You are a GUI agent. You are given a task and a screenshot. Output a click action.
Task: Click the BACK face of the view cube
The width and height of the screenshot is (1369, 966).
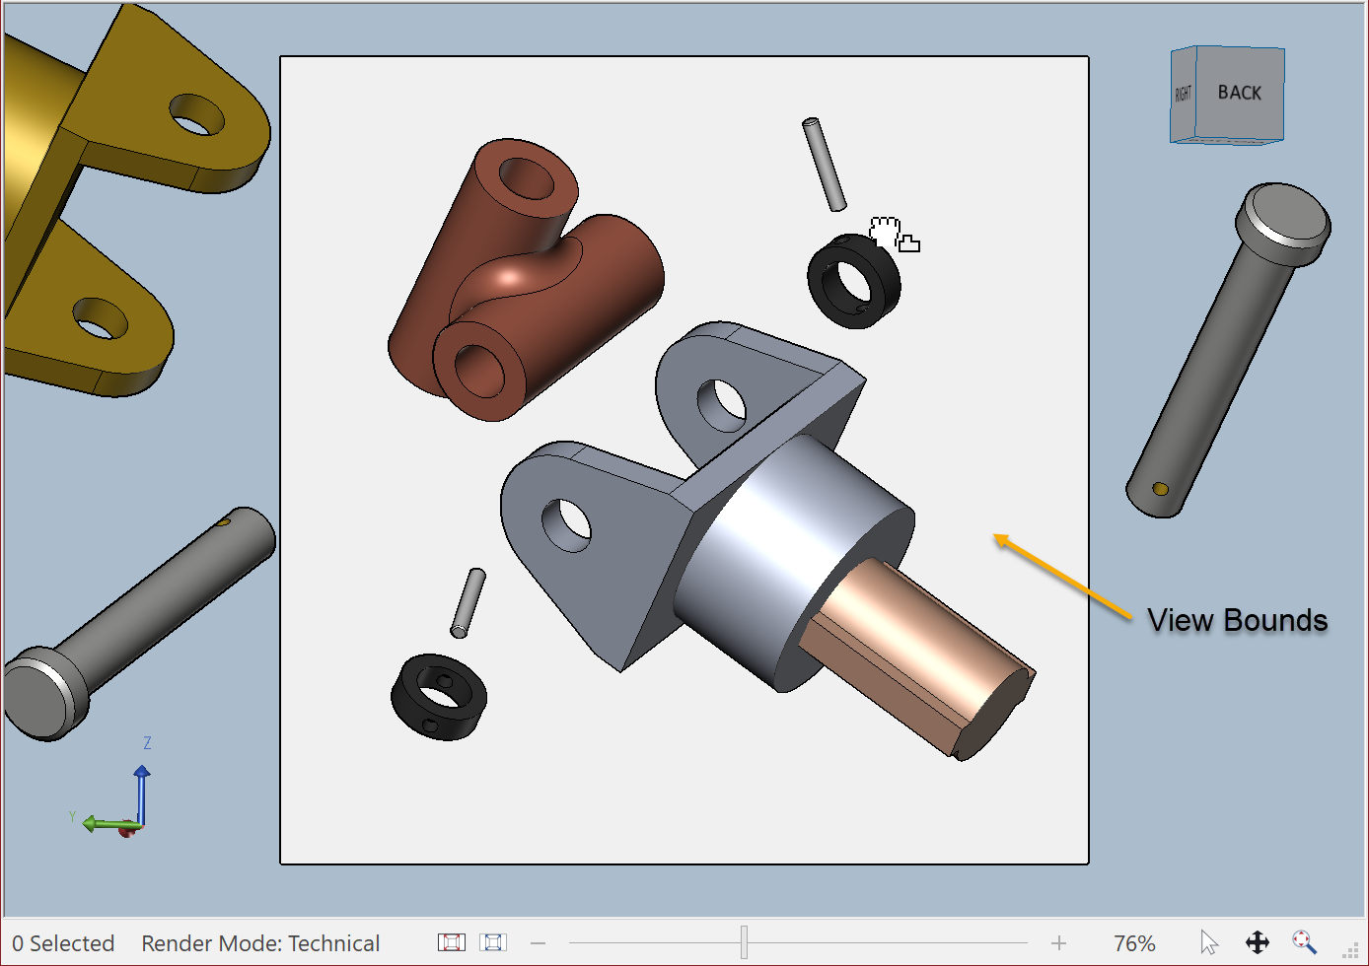[x=1239, y=93]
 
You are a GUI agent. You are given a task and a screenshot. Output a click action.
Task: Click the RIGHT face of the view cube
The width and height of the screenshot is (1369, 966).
[x=1183, y=95]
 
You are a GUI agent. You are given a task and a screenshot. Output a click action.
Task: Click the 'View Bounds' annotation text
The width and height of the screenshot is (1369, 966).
[x=1237, y=620]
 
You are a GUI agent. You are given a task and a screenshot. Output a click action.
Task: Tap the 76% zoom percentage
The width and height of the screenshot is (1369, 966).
[x=1133, y=943]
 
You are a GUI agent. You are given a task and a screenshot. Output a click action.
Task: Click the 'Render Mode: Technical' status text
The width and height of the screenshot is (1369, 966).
[x=260, y=943]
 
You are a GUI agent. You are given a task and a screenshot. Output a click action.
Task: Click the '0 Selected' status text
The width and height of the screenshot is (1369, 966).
[x=63, y=943]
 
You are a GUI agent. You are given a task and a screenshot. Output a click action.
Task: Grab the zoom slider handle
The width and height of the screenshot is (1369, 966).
[x=745, y=942]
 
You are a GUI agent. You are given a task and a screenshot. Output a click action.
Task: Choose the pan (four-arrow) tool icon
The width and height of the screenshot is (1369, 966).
[x=1257, y=942]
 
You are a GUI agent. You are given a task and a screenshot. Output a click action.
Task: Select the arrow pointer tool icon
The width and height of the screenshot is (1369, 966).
[x=1209, y=942]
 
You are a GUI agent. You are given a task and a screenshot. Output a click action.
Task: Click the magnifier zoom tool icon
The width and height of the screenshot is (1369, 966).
[x=1304, y=942]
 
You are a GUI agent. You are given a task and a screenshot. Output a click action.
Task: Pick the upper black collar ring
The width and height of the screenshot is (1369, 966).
[x=853, y=282]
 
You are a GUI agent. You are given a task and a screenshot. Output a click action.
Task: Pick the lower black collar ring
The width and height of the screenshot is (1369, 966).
[x=439, y=697]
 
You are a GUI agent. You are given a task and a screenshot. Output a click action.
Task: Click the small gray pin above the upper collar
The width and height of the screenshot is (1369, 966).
[x=824, y=164]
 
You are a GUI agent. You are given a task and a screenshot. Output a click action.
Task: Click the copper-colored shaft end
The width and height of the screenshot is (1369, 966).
[x=917, y=655]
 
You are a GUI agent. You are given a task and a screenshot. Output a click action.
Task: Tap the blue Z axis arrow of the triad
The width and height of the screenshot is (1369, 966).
[x=142, y=793]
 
